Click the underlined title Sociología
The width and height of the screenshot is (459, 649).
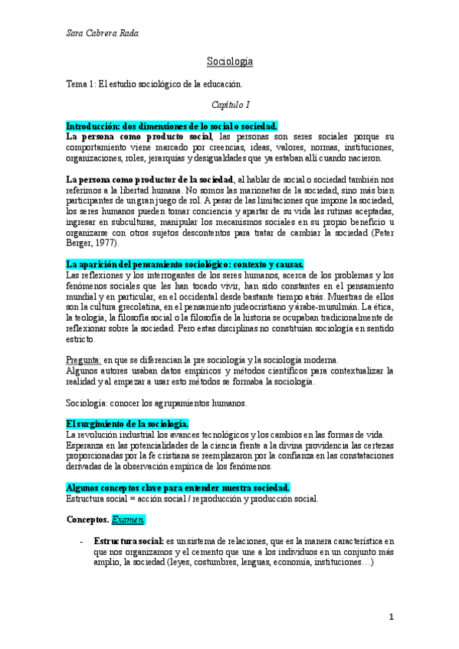click(230, 60)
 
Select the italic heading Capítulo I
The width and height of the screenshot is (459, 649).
click(230, 103)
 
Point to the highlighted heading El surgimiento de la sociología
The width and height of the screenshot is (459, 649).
click(127, 424)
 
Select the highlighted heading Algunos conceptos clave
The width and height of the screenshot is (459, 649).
click(178, 488)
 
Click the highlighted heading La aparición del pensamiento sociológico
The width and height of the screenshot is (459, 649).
click(185, 265)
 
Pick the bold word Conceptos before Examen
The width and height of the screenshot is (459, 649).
click(87, 519)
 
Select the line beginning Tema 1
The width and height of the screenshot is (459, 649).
click(154, 83)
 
